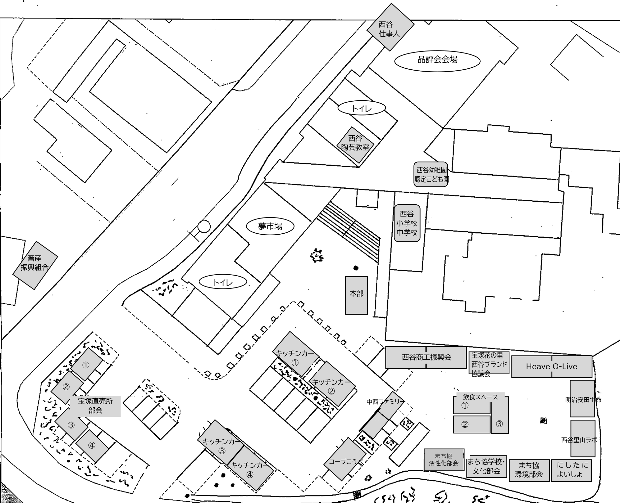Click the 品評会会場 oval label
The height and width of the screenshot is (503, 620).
coord(437,61)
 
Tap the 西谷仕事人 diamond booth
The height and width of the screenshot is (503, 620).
coord(391,27)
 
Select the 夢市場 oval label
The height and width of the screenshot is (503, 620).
coord(270,226)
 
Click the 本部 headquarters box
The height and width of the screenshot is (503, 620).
coord(357,295)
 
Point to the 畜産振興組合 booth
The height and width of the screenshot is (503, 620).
coord(35,265)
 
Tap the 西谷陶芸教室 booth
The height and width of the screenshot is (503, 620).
coord(355,145)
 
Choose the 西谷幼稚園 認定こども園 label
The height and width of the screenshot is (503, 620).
coord(431,174)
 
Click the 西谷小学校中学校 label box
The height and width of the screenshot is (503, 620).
coord(407,223)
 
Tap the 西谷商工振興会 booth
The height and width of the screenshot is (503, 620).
coord(426,357)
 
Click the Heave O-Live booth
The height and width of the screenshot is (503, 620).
coord(552,366)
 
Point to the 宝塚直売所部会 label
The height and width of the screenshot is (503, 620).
coord(96,406)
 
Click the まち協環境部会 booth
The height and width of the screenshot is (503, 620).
coord(529,470)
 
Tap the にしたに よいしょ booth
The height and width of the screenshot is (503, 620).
coord(571,470)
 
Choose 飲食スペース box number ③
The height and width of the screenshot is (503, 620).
coord(500,415)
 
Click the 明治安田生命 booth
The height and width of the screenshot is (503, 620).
coord(582,399)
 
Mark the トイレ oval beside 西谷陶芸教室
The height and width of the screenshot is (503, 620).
coord(362,108)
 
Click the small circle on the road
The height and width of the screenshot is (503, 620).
coord(204,226)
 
